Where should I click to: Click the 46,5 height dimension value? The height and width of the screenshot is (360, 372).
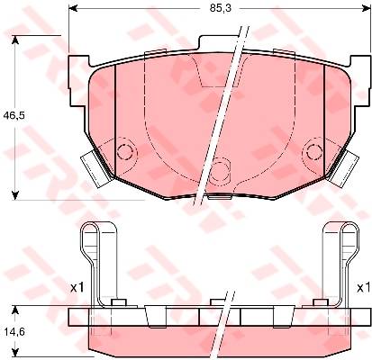point(14,114)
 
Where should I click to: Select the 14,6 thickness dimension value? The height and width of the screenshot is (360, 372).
point(14,332)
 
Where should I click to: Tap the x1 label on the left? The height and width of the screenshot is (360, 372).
point(77,288)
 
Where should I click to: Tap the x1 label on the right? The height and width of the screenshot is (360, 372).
point(363,288)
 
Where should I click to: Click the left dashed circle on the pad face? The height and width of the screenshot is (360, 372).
point(124,151)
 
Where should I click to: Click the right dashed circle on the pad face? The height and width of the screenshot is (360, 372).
point(314,151)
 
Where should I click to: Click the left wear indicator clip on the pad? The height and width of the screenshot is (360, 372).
point(95,169)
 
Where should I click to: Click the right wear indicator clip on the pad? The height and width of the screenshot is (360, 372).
point(344,169)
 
